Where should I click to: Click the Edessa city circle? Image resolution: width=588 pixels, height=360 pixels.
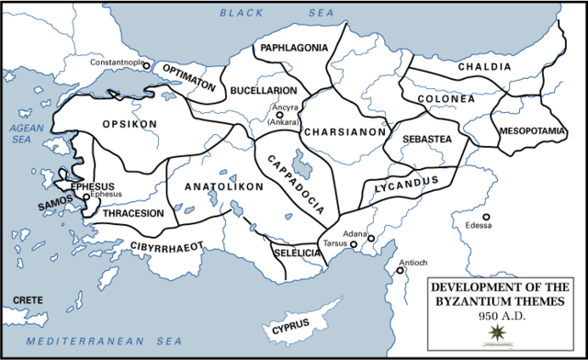tap(487, 217)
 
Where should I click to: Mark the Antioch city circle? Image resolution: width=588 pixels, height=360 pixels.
tap(401, 271)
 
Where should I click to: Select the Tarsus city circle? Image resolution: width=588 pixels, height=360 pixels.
tap(354, 245)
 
